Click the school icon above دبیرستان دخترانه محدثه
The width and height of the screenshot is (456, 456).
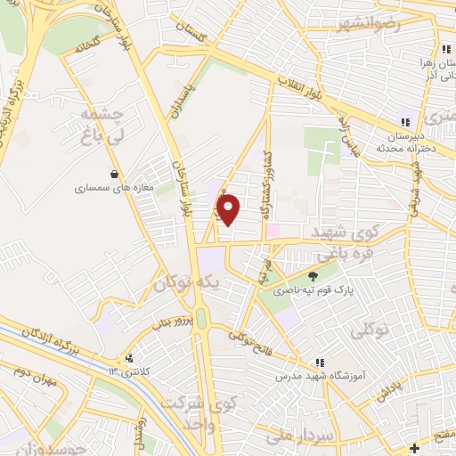405,122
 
